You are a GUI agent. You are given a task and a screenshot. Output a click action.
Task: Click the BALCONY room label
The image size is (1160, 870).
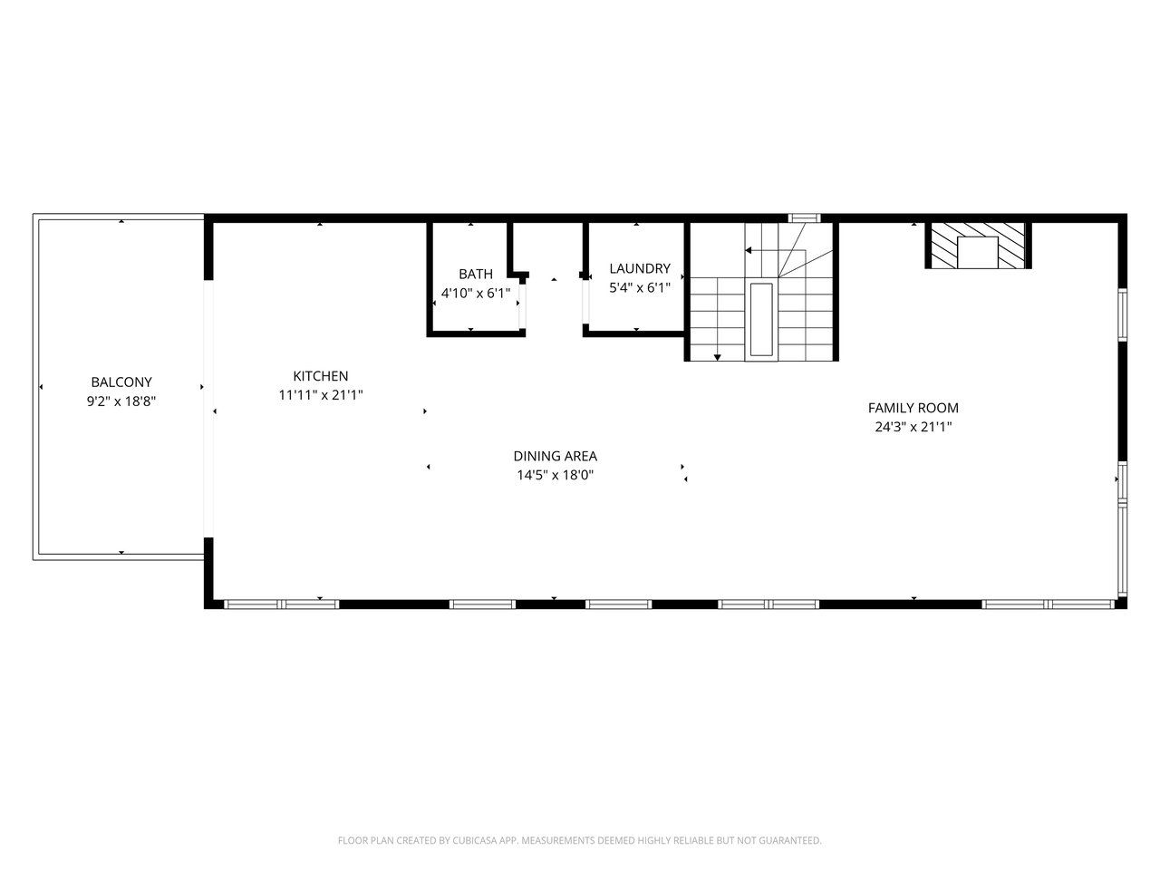(x=121, y=382)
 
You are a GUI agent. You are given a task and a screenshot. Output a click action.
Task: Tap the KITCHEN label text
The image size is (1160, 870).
(x=320, y=375)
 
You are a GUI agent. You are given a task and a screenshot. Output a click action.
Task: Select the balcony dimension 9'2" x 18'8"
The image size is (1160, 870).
(x=121, y=401)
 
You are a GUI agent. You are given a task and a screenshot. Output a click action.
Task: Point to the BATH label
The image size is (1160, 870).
(x=476, y=274)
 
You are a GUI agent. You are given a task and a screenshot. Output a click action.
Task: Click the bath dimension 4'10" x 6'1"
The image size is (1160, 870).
(x=476, y=293)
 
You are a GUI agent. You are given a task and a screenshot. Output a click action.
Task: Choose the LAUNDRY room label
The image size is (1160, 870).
(x=640, y=268)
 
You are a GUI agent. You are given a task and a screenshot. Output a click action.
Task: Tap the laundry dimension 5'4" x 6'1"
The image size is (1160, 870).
(x=640, y=287)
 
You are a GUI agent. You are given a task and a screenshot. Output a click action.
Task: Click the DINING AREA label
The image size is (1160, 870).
(x=555, y=455)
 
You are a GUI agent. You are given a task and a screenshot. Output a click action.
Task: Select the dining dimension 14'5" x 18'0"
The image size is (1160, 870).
(x=555, y=475)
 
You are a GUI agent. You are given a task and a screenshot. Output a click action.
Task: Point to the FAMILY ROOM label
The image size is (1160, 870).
(x=913, y=407)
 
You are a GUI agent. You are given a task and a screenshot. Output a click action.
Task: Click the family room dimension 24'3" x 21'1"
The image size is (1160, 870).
(x=913, y=426)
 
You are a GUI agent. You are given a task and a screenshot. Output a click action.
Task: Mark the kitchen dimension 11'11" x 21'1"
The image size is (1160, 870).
(x=320, y=394)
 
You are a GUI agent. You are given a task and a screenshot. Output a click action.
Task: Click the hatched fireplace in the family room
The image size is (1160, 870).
(x=978, y=245)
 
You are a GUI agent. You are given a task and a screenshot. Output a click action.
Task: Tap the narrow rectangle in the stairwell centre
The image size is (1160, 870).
(x=761, y=319)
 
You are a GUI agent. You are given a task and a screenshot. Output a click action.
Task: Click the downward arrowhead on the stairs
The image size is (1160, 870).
(x=717, y=358)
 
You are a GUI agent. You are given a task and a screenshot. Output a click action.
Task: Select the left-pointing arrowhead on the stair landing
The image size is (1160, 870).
(x=749, y=250)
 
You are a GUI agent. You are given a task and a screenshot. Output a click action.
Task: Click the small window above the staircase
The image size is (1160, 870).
(x=805, y=217)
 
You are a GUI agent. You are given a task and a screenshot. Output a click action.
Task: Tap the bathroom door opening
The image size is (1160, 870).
(x=522, y=306)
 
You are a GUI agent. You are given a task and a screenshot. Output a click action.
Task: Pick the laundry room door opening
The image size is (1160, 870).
(x=585, y=301)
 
